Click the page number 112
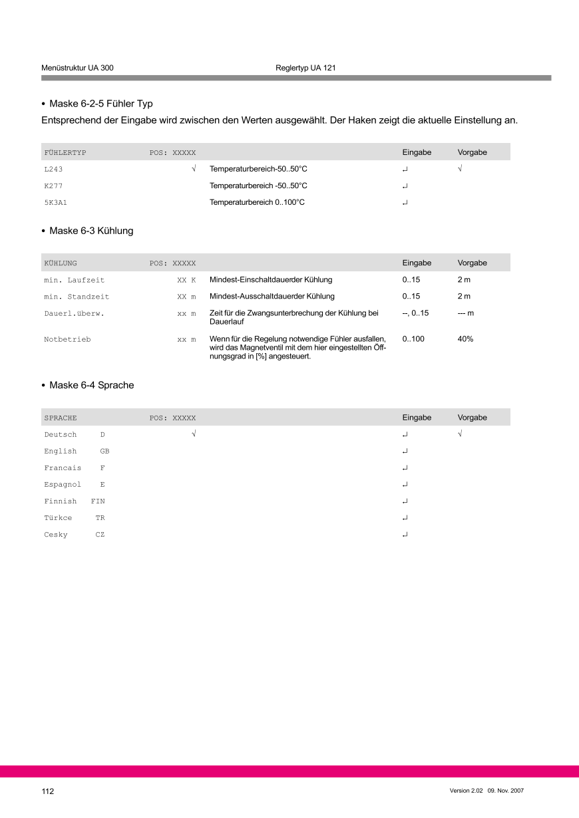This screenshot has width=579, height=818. (47, 791)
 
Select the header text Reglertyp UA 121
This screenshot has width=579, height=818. (305, 68)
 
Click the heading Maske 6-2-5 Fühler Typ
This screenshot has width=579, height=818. (100, 104)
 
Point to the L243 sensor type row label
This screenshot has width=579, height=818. (53, 170)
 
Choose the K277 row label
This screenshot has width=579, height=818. (53, 186)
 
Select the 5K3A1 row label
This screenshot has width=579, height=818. (56, 202)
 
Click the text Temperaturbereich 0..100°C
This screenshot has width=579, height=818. (257, 202)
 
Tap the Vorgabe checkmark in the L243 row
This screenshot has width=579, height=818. (460, 170)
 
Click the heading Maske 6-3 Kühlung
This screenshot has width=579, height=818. (91, 231)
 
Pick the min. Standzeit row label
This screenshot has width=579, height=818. (77, 297)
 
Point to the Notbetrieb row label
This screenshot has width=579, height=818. (67, 339)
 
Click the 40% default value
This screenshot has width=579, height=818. (465, 339)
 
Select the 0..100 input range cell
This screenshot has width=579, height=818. (413, 339)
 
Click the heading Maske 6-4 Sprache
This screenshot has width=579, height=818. (91, 385)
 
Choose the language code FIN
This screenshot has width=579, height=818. (98, 501)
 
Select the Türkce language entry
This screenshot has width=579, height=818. (59, 518)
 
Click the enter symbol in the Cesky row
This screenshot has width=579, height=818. (405, 535)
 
